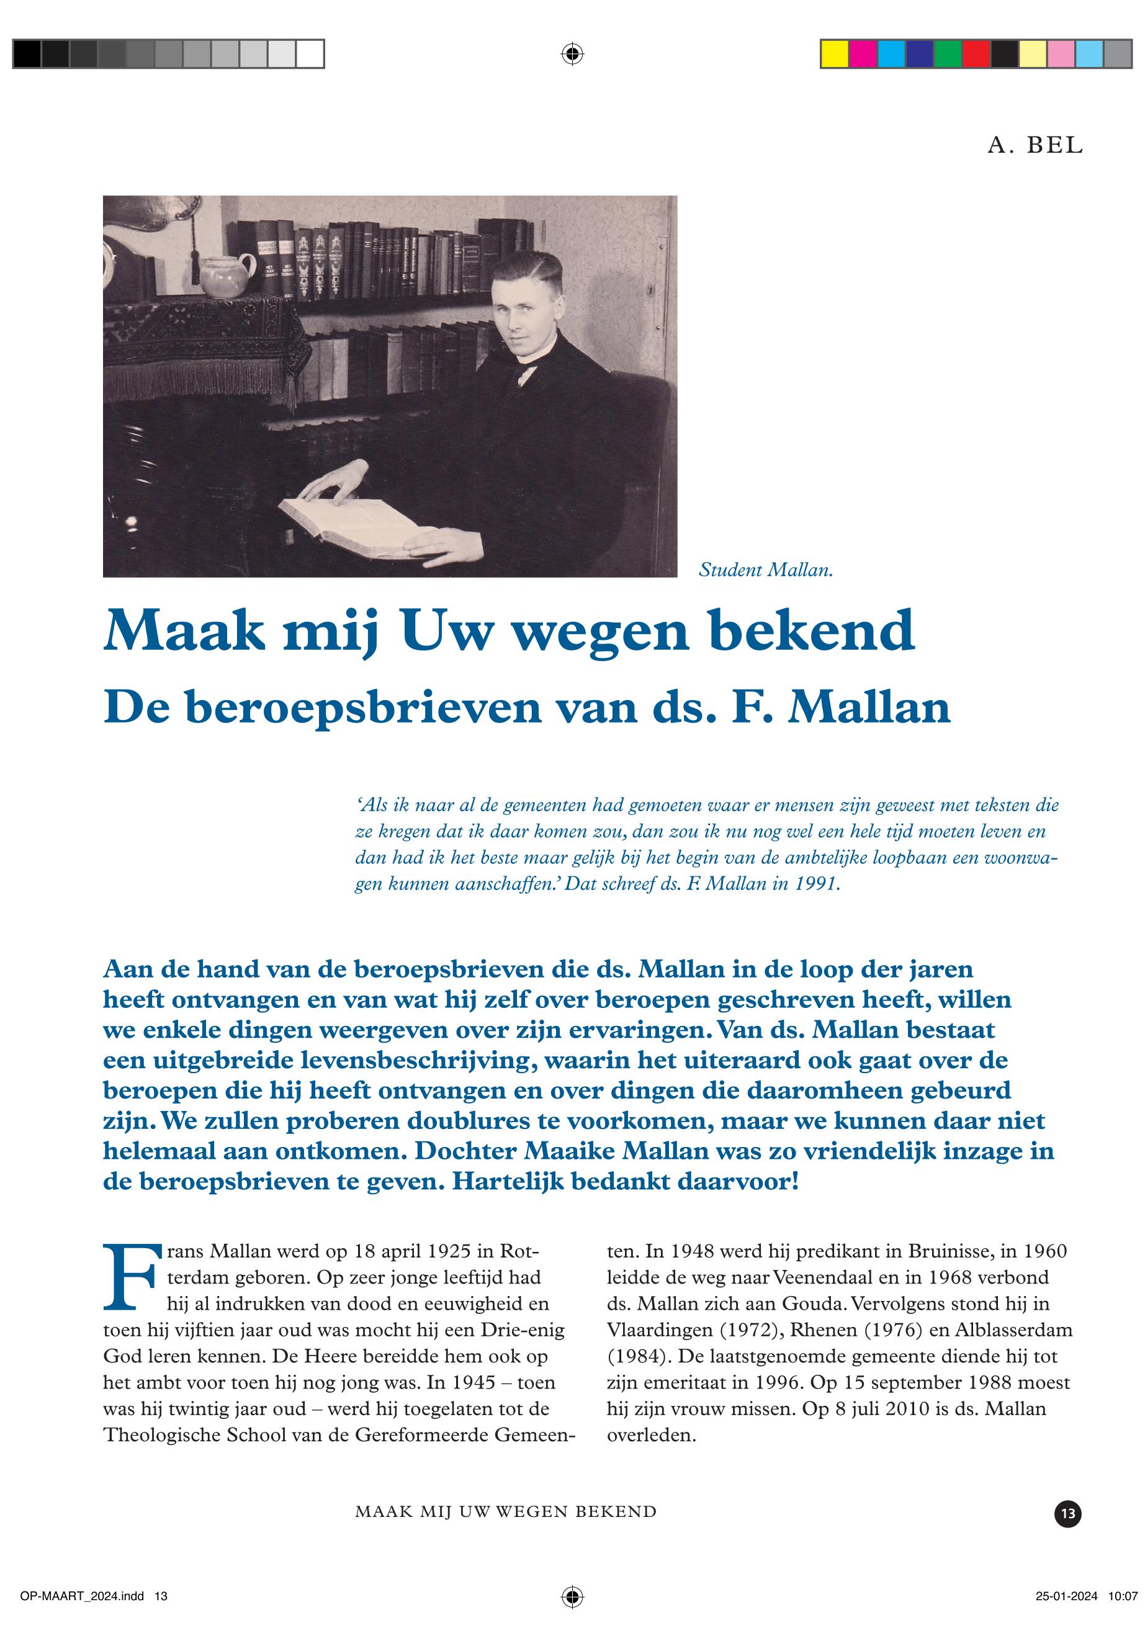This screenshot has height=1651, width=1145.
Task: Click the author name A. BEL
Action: click(1035, 146)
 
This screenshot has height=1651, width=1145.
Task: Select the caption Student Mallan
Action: click(765, 571)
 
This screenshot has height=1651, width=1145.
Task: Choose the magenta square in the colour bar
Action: click(863, 55)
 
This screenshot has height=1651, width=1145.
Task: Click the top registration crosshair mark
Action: click(572, 54)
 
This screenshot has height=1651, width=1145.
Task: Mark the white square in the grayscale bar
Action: click(310, 55)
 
